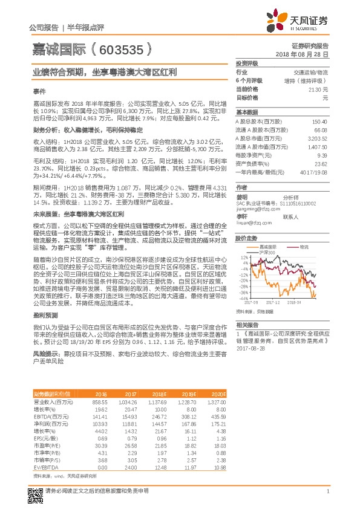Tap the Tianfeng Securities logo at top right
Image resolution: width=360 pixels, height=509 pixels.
[299, 21]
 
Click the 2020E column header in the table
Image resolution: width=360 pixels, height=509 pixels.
[218, 394]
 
